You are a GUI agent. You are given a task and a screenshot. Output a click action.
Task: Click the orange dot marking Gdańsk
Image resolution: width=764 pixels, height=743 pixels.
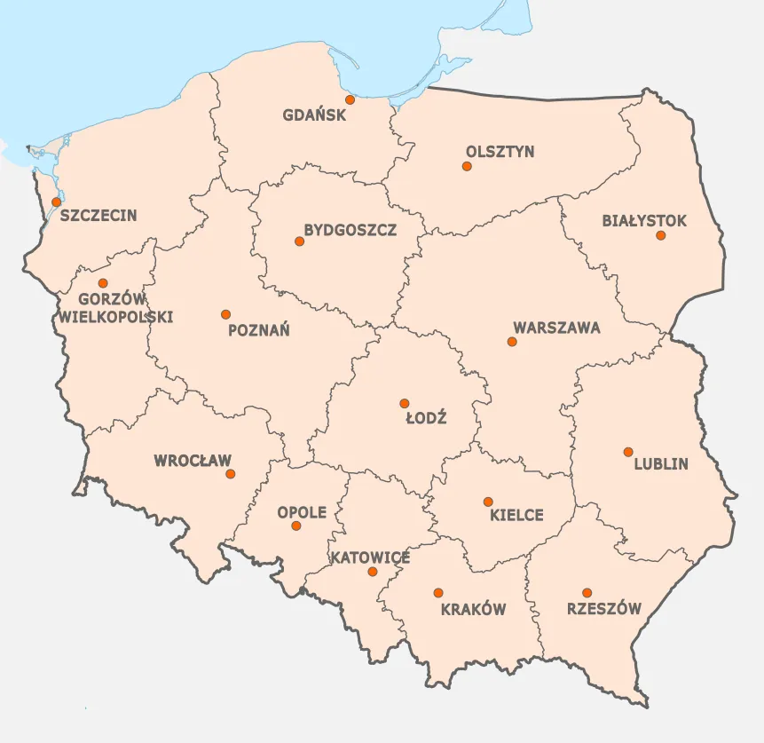point(350,99)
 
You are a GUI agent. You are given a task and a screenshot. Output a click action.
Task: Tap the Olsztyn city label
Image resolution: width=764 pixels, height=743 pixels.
point(500,151)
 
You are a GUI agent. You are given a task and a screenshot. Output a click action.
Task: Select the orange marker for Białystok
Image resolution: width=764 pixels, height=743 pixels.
point(660,235)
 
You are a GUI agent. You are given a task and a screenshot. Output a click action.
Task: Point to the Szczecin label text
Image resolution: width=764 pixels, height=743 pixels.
point(98,215)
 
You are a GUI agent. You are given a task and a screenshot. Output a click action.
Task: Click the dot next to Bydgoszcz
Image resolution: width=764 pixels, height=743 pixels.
point(299,241)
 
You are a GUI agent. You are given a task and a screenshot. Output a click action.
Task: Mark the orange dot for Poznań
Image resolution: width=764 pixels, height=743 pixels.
point(225,314)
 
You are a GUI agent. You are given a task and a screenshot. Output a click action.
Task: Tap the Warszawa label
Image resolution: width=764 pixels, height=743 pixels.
point(556,328)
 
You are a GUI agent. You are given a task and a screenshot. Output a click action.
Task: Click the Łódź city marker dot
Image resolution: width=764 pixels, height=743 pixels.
point(404,403)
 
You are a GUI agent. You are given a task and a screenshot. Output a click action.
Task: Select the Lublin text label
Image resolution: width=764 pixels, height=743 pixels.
point(661,463)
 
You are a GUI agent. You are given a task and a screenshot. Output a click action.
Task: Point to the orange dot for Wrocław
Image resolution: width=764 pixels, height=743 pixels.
point(231,474)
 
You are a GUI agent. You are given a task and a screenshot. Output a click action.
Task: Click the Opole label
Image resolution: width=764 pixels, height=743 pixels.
point(302,512)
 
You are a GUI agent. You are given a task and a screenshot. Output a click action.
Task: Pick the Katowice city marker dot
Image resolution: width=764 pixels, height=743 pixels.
point(373,572)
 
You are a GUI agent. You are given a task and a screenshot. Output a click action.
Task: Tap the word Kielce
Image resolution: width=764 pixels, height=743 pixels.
point(516,515)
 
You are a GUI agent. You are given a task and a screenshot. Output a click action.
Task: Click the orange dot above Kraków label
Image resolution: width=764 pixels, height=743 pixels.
point(437,592)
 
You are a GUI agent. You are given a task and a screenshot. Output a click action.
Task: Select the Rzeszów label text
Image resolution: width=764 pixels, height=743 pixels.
point(603,609)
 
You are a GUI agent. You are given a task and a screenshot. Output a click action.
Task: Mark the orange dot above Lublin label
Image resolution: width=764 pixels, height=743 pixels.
point(628,452)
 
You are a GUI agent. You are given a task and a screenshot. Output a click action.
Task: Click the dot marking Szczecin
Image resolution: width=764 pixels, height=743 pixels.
point(57,202)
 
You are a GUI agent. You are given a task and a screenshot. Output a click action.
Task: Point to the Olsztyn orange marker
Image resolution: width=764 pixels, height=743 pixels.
point(467,165)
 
